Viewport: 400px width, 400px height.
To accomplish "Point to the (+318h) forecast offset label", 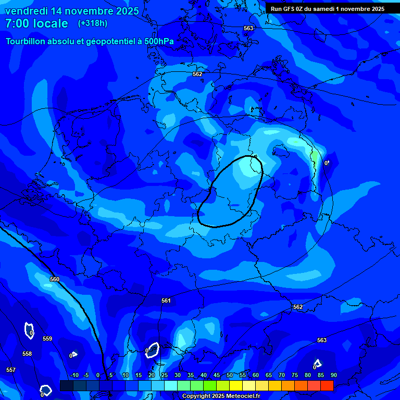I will click(92, 23).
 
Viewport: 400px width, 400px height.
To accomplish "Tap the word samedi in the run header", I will click(326, 9).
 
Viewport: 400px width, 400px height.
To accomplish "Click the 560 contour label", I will click(55, 279).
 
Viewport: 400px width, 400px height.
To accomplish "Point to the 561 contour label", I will click(166, 301).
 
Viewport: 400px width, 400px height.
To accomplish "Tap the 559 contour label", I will click(47, 339).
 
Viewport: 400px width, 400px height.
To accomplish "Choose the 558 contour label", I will click(27, 354).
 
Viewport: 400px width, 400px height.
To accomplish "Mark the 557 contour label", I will click(11, 370).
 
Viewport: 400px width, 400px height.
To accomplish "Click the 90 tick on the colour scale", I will click(333, 375).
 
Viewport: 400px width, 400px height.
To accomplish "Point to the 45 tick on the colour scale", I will click(217, 375).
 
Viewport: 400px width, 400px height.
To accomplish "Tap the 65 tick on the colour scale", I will click(269, 375).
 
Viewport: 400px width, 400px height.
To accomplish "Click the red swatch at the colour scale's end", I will click(327, 385).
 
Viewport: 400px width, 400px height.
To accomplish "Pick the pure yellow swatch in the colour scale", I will click(235, 385).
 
